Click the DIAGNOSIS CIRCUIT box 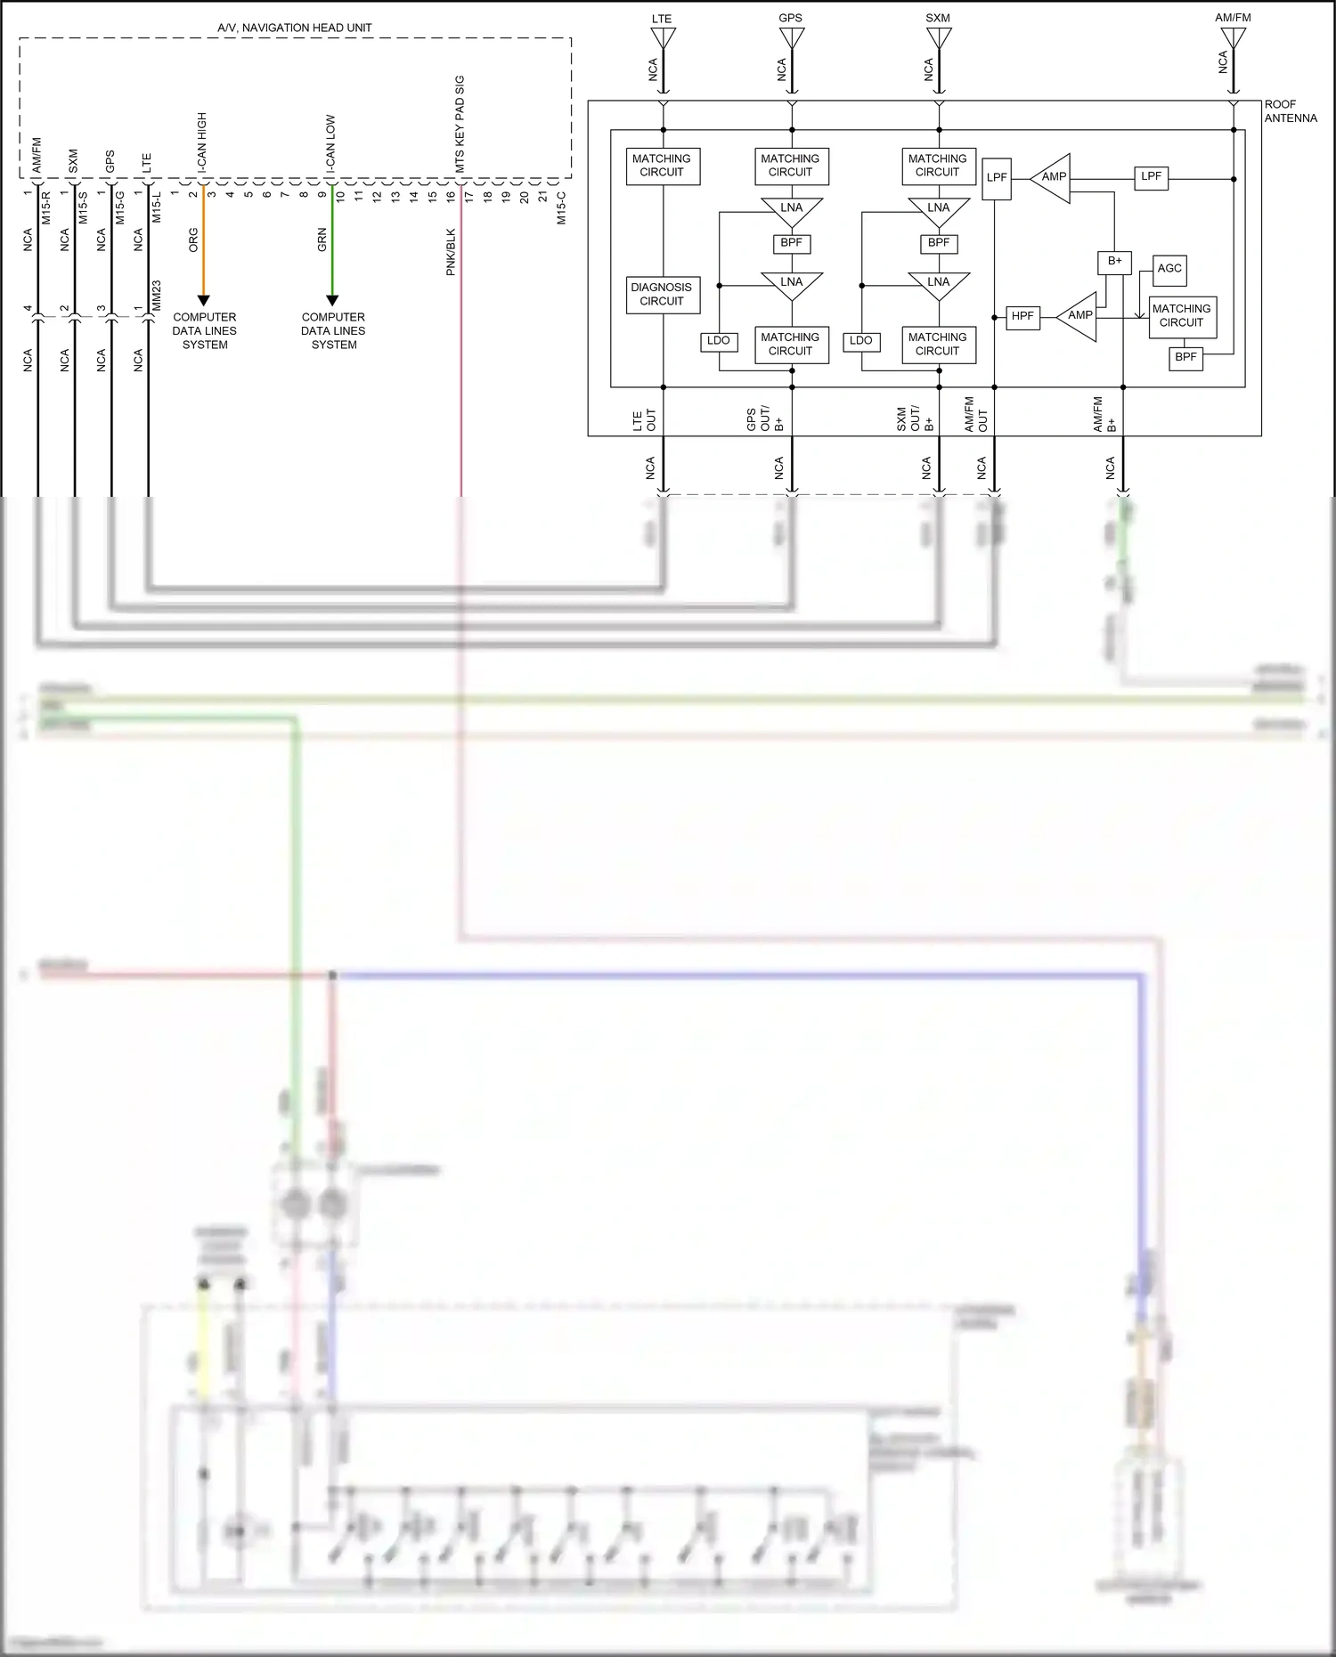tap(662, 295)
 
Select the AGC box tap(1169, 269)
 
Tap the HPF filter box tap(1022, 316)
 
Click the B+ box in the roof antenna tap(1114, 262)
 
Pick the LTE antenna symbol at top tap(663, 38)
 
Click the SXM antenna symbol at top tap(939, 38)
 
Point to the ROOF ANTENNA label tap(1290, 111)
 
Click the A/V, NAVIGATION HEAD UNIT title tap(295, 28)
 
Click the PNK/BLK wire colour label tap(451, 252)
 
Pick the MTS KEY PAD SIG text tap(460, 124)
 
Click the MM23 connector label tap(157, 296)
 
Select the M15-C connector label tap(561, 208)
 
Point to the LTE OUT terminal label tap(644, 420)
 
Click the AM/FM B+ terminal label tap(1104, 415)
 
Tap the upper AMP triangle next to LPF tap(1053, 177)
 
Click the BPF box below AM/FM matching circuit tap(1185, 358)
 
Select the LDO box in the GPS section tap(718, 341)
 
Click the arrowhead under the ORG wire tap(203, 300)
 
